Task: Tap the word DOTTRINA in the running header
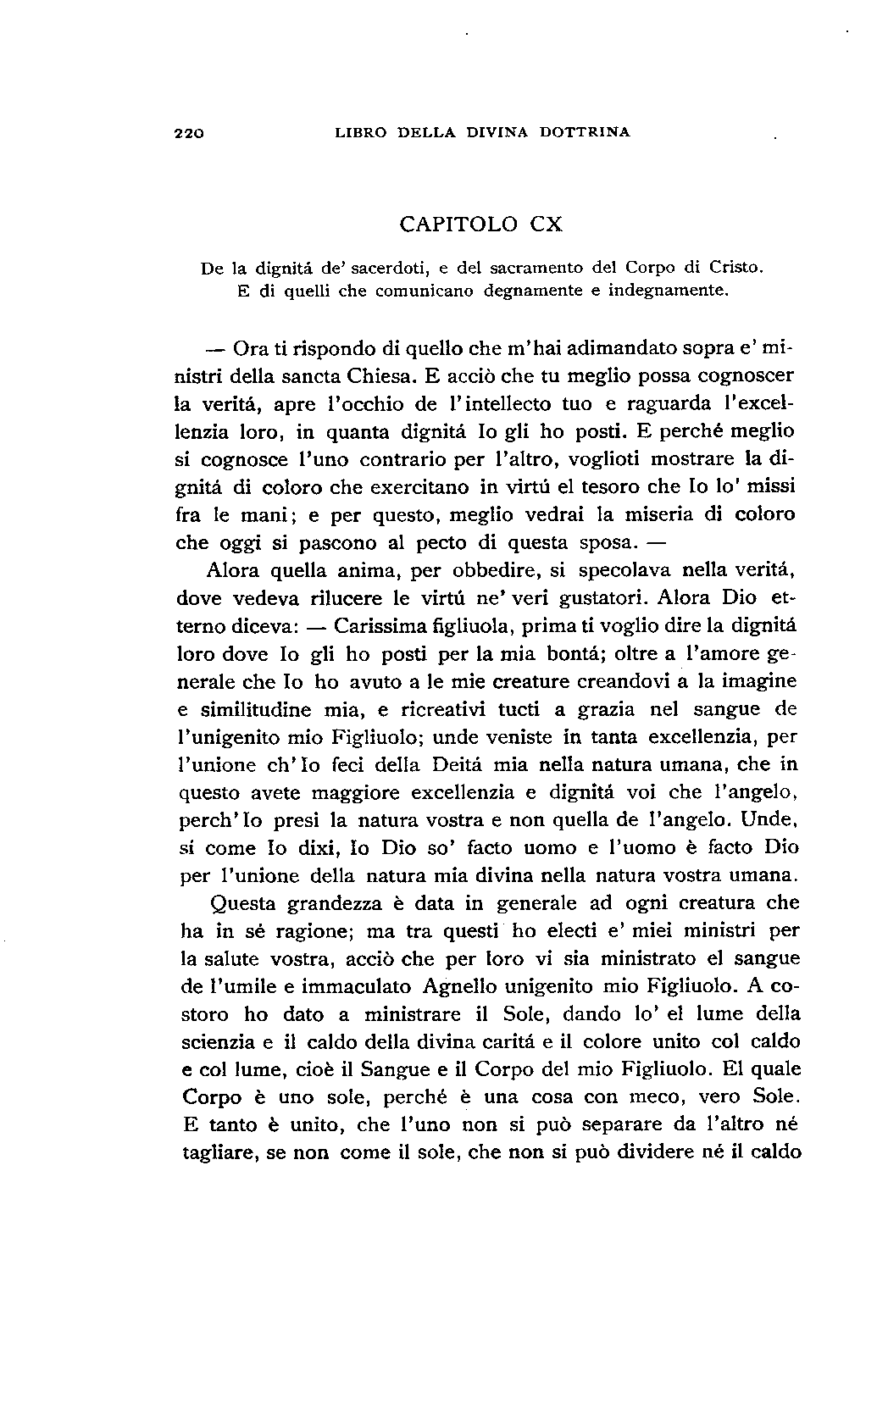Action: (x=587, y=132)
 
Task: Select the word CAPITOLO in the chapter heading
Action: (x=458, y=225)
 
